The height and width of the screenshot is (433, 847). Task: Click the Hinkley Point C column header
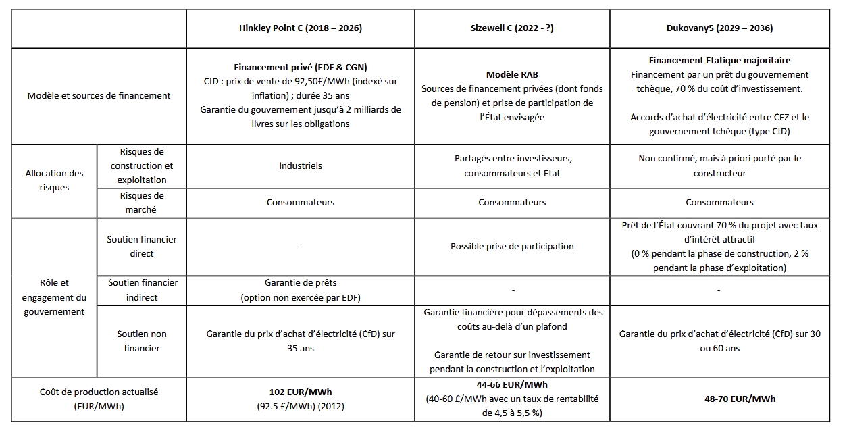301,28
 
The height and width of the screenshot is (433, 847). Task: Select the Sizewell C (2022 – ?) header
512,28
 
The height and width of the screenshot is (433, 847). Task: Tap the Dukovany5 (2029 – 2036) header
719,28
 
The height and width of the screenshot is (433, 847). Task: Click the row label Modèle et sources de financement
99,95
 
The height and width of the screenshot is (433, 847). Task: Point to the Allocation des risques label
54,180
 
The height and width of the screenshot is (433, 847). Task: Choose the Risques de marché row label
141,202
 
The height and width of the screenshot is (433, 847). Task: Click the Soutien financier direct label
141,247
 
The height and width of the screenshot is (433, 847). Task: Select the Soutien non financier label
141,340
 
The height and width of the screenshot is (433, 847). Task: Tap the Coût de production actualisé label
99,399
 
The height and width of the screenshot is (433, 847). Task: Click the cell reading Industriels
301,165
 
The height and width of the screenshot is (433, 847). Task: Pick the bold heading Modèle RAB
512,74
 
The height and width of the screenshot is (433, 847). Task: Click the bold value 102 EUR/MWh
301,392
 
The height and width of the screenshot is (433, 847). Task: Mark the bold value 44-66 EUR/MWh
512,384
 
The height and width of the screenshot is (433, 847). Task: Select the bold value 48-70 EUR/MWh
719,399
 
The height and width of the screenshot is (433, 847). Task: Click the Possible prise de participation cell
512,246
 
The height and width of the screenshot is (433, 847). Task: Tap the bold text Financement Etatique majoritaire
719,60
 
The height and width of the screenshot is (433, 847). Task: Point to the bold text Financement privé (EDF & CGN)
301,68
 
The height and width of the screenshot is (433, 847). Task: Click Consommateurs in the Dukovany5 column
719,202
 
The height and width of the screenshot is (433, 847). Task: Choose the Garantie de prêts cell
301,283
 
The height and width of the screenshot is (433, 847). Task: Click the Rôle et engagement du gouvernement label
54,297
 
